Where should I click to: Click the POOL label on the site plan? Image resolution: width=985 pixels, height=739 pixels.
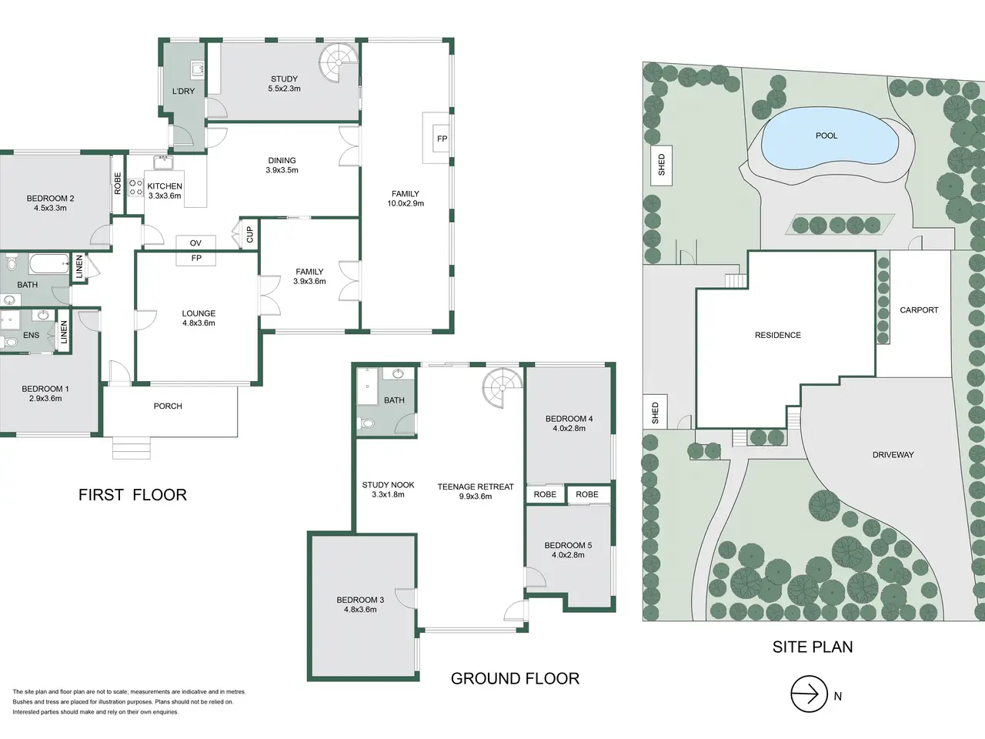(x=826, y=135)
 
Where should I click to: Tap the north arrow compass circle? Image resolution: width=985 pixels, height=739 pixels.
(x=809, y=694)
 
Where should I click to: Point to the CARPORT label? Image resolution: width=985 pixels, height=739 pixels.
(x=919, y=310)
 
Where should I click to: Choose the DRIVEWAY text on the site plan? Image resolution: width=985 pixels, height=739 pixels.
(x=893, y=455)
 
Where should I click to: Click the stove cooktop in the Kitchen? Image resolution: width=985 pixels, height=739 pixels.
(x=136, y=188)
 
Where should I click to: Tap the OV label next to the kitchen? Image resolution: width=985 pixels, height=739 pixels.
(x=195, y=243)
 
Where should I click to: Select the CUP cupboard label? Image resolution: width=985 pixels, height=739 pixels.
(x=250, y=234)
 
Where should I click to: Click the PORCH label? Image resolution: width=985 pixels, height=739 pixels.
(x=168, y=406)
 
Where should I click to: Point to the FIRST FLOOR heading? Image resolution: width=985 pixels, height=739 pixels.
(x=132, y=495)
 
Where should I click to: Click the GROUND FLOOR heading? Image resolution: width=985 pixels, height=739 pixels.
(x=515, y=678)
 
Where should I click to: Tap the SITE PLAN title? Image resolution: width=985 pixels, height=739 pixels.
(x=812, y=647)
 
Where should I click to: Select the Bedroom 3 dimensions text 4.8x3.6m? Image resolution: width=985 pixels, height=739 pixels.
(x=360, y=610)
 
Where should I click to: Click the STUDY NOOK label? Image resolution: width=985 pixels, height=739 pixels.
(x=388, y=485)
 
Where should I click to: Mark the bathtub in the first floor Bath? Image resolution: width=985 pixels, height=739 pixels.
(x=49, y=263)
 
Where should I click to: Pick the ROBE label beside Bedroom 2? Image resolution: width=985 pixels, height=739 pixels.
(x=118, y=183)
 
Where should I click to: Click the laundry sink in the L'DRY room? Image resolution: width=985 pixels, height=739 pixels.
(x=197, y=69)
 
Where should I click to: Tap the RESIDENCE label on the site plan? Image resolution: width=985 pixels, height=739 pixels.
(x=778, y=335)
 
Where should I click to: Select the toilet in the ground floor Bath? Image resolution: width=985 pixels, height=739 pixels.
(x=366, y=423)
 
